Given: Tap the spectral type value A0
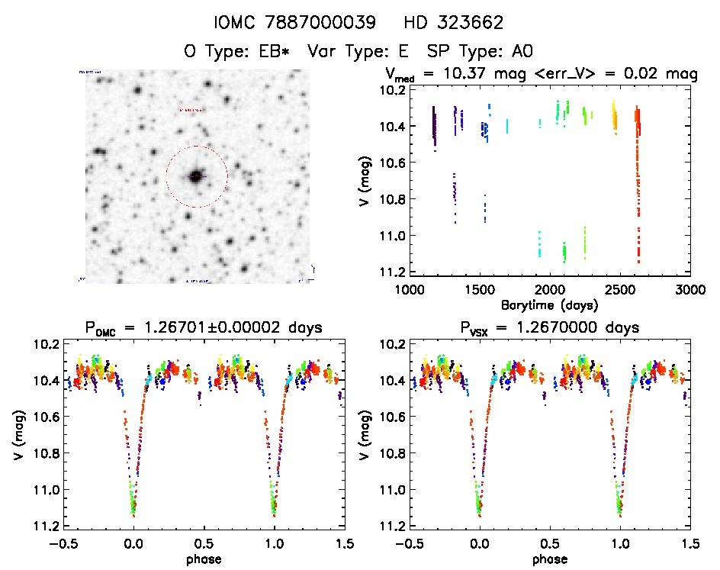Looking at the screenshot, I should (x=519, y=51).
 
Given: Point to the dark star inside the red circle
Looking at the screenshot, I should (x=196, y=176).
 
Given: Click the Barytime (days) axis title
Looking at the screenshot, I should (x=549, y=304).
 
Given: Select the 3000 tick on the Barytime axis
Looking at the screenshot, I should (x=689, y=290).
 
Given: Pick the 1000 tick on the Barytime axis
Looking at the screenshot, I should (x=410, y=290).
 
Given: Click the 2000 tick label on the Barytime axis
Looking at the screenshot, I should (x=549, y=290).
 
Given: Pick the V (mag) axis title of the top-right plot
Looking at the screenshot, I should (x=368, y=180).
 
